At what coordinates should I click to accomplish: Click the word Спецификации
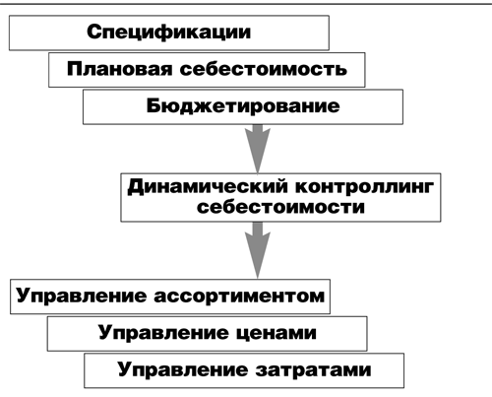click(169, 33)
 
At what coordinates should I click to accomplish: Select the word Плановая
click(120, 69)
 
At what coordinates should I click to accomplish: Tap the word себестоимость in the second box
click(263, 69)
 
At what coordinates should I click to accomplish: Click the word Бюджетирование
click(243, 106)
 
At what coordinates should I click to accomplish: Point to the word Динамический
click(209, 187)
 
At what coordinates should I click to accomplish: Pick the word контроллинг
click(364, 187)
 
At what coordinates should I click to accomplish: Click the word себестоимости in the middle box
click(280, 208)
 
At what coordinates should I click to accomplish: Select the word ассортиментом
click(239, 296)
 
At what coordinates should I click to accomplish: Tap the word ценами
click(277, 333)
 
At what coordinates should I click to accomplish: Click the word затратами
click(313, 370)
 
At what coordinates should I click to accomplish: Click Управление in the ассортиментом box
click(82, 296)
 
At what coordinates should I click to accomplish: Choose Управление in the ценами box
click(163, 333)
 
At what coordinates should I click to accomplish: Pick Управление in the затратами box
click(183, 370)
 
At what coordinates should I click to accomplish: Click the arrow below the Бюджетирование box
click(258, 149)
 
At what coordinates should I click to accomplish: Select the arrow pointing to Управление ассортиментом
click(258, 250)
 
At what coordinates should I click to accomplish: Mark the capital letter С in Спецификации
click(93, 32)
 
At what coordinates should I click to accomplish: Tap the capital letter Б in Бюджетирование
click(154, 105)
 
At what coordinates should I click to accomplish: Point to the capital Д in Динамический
click(136, 187)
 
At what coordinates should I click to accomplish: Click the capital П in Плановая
click(75, 69)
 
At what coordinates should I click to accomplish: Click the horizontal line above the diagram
click(246, 4)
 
